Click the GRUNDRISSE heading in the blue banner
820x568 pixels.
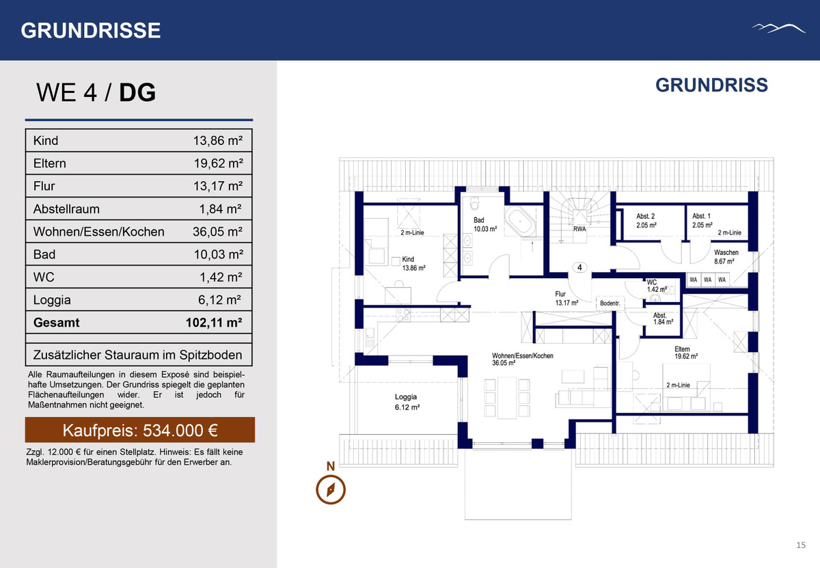[x=90, y=30]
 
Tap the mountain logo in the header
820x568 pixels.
[x=778, y=29]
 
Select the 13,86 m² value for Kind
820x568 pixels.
[x=218, y=140]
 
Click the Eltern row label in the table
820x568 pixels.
[x=49, y=163]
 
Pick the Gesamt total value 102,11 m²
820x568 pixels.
[x=214, y=322]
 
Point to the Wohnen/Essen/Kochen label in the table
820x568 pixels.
[x=99, y=232]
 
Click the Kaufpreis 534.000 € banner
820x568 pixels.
[x=140, y=430]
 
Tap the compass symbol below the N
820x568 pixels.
[x=331, y=489]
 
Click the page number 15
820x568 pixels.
[x=801, y=545]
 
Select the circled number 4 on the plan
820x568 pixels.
[x=579, y=267]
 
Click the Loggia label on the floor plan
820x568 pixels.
[x=407, y=402]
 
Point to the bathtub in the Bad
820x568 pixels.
[x=520, y=221]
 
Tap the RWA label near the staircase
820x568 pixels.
[x=579, y=229]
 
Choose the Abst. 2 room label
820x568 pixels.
[x=646, y=221]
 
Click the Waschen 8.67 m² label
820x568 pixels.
[x=726, y=257]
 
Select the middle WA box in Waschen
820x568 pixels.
[x=708, y=280]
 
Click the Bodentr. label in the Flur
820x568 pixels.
[x=610, y=303]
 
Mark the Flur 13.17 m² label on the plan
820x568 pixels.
[x=566, y=298]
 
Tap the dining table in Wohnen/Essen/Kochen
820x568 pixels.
[x=507, y=398]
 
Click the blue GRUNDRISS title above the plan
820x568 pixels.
[x=711, y=85]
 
